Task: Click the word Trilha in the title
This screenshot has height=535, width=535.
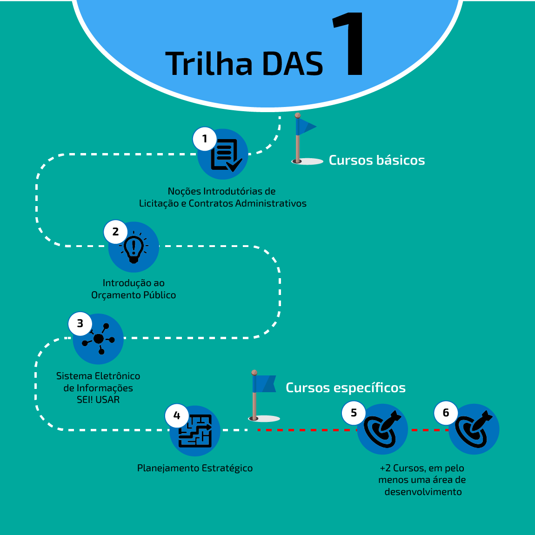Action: tap(209, 64)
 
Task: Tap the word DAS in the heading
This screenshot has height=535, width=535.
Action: tap(292, 64)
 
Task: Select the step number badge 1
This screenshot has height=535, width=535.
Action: tap(204, 139)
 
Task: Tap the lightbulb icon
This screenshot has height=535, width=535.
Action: tap(134, 247)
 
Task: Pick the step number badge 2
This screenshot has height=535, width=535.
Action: tap(115, 232)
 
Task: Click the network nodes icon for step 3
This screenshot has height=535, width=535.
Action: tap(99, 339)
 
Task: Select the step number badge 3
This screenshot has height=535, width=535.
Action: tap(80, 323)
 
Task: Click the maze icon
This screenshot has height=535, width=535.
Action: tap(195, 431)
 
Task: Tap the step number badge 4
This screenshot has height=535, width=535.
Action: tap(177, 415)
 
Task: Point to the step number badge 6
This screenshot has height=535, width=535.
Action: tap(446, 413)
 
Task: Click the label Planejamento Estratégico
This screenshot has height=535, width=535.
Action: tap(195, 468)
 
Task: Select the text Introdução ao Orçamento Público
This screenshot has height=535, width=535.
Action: tap(134, 289)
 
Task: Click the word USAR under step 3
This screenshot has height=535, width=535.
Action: tap(108, 400)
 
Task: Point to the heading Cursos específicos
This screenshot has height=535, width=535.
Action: tap(346, 388)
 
